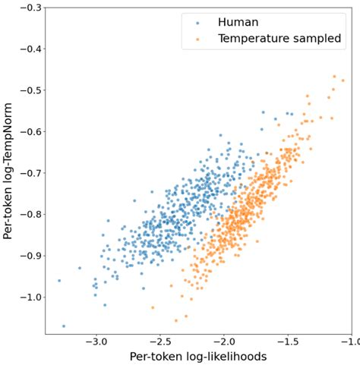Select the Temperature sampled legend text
point(279,39)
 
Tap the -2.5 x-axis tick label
point(159,341)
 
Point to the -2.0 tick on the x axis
point(224,341)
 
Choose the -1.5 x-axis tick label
point(288,341)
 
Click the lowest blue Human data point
point(64,326)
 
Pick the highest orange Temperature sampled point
point(334,77)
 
